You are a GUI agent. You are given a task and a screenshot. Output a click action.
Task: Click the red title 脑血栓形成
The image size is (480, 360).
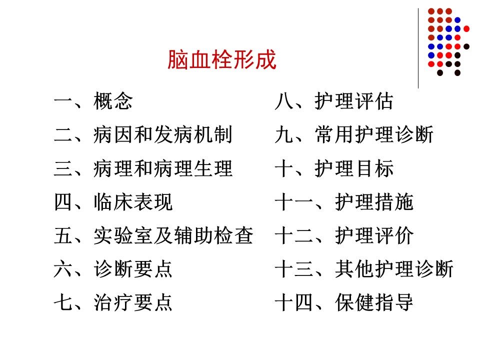click(222, 59)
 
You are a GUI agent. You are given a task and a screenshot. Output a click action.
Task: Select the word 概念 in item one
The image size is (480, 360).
click(113, 101)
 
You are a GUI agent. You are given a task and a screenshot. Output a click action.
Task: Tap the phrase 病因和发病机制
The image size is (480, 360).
click(163, 134)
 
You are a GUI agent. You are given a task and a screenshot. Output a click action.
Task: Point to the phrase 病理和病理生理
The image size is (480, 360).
click(163, 168)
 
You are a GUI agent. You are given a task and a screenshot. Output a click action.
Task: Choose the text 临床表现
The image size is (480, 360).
click(133, 202)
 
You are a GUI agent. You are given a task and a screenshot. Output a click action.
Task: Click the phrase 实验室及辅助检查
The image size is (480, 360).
click(173, 235)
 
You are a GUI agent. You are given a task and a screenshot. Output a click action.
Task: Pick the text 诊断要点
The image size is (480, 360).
click(133, 269)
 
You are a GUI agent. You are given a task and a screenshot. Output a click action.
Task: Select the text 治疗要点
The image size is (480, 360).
click(133, 302)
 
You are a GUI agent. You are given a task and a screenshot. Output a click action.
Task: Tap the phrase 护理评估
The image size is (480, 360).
click(354, 101)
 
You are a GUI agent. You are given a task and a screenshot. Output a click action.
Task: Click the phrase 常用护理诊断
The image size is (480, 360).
click(374, 134)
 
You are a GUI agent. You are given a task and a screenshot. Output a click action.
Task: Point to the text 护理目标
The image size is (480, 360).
click(354, 168)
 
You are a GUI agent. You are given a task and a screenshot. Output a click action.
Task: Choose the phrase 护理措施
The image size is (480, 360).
click(374, 202)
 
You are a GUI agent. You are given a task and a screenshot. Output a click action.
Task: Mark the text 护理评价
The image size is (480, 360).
click(374, 235)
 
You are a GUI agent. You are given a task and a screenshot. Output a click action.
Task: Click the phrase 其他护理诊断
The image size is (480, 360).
click(394, 269)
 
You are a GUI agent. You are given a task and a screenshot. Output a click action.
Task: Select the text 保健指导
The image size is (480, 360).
click(374, 302)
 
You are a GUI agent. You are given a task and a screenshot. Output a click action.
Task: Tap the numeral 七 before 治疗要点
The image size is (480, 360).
click(63, 302)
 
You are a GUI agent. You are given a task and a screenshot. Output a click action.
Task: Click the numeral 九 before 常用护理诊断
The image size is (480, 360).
click(284, 134)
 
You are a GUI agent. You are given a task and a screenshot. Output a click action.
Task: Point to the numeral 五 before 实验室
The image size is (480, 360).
click(63, 235)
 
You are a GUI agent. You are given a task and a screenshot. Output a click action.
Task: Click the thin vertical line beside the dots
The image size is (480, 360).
click(418, 48)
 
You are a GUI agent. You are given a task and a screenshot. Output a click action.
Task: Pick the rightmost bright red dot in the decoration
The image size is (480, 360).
click(466, 29)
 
